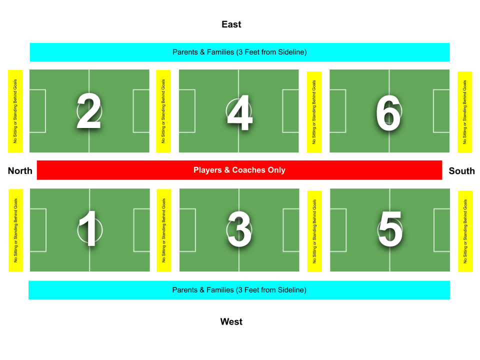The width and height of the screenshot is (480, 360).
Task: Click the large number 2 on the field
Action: [x=89, y=111]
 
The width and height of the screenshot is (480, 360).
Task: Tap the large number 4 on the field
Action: [x=239, y=113]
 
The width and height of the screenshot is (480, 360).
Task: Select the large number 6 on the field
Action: [x=388, y=113]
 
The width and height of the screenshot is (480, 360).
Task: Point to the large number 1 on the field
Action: [x=88, y=229]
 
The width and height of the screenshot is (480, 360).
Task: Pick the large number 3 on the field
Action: [x=239, y=230]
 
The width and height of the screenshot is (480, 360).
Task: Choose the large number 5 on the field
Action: [x=390, y=229]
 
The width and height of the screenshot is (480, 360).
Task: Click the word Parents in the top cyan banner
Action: [x=185, y=52]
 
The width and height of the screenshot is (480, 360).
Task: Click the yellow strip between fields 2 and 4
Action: [x=163, y=111]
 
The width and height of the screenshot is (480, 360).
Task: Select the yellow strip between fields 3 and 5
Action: [x=314, y=231]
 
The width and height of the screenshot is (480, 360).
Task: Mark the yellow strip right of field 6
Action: [x=465, y=111]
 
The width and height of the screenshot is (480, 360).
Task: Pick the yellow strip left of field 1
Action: [x=16, y=230]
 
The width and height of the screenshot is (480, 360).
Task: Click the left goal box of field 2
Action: [x=37, y=111]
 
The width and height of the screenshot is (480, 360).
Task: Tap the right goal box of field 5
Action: [x=442, y=230]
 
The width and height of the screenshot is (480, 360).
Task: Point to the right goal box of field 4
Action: [x=290, y=111]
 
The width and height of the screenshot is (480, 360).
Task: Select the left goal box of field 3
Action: [x=187, y=230]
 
